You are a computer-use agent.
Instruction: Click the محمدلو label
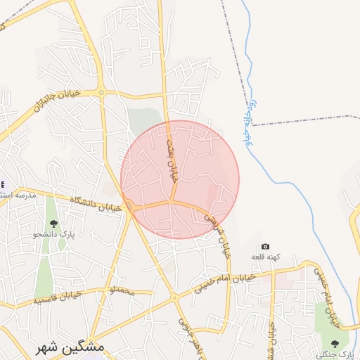click(x=117, y=290)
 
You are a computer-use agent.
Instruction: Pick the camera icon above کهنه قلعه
click(x=265, y=246)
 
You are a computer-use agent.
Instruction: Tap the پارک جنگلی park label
click(x=332, y=354)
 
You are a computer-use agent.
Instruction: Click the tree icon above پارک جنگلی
click(x=334, y=342)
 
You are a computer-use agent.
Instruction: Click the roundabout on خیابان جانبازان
click(x=101, y=92)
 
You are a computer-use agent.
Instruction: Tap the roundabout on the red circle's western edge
click(x=129, y=205)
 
